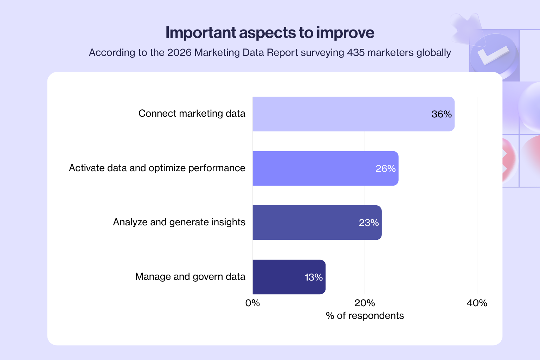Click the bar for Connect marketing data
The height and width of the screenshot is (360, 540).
353,114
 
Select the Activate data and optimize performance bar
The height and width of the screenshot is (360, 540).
325,168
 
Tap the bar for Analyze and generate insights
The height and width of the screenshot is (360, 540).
317,223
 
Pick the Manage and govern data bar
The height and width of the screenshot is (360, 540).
289,277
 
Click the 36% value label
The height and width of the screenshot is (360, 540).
442,114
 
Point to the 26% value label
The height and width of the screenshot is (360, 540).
386,169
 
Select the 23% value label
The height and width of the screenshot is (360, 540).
369,223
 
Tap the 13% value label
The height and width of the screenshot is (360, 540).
314,277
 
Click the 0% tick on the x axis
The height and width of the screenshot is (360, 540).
252,303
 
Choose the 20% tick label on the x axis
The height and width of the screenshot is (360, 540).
365,303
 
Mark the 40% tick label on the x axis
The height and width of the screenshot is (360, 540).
477,303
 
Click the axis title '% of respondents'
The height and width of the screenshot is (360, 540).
365,316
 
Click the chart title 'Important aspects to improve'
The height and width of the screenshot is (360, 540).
270,33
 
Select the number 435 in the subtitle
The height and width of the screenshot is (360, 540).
355,53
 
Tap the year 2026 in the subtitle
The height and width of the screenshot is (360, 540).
179,53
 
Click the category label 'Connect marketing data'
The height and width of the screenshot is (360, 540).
192,114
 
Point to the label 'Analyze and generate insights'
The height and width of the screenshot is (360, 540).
179,222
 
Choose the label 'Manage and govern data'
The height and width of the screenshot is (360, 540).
190,277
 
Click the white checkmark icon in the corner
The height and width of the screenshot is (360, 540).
494,54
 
